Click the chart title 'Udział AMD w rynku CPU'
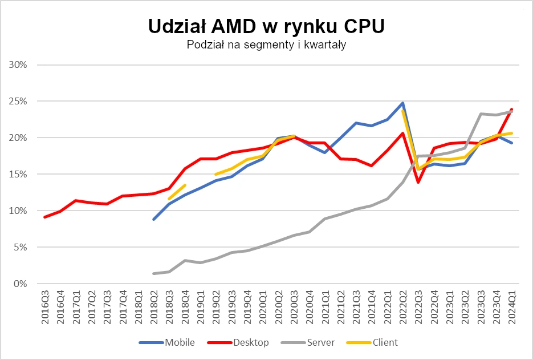266,26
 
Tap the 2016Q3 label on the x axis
45,308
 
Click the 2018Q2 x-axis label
154,308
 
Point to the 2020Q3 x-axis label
294,308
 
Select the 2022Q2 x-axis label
403,308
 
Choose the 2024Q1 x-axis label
512,308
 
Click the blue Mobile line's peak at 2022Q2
403,103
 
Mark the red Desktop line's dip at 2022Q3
418,182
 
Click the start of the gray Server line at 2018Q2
154,273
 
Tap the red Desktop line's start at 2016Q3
45,217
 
